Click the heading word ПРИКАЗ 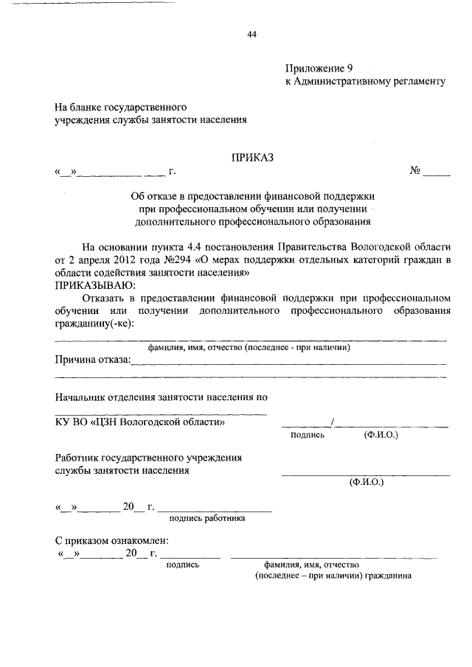point(252,157)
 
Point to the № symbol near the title point(415,172)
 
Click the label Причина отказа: point(92,360)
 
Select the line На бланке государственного point(117,106)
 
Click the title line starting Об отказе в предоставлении point(253,196)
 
